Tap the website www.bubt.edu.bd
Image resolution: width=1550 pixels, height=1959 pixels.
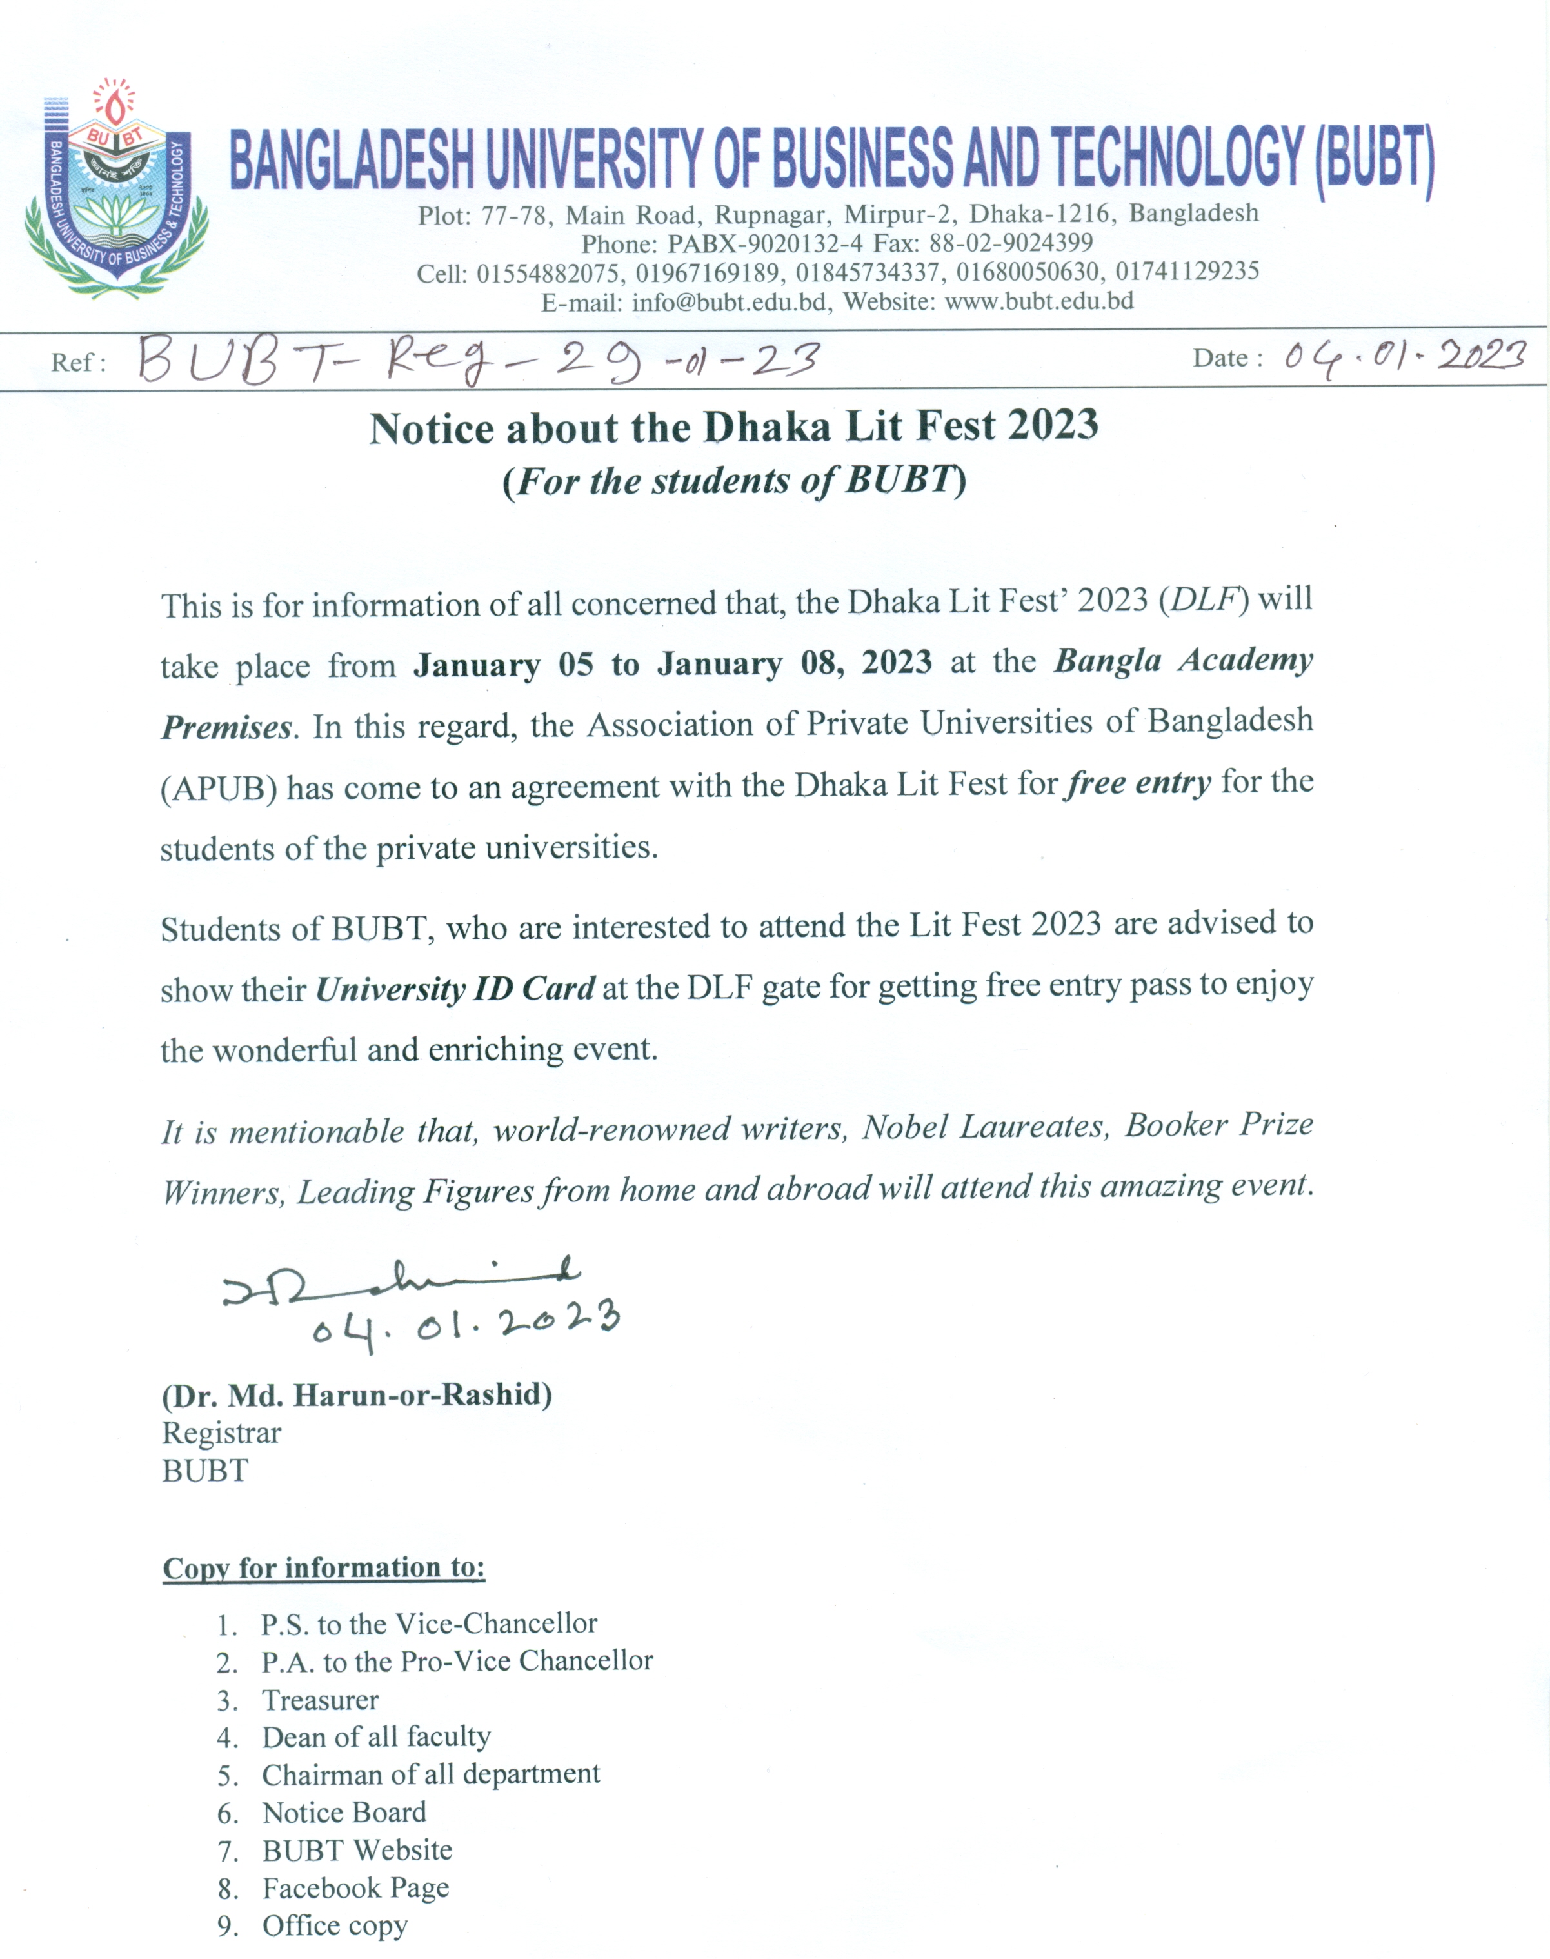pyautogui.click(x=1038, y=301)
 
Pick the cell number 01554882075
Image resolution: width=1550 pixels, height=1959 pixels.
pyautogui.click(x=549, y=273)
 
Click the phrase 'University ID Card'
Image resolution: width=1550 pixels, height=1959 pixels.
pyautogui.click(x=455, y=988)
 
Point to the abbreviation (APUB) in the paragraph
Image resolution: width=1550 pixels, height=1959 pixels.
pyautogui.click(x=219, y=788)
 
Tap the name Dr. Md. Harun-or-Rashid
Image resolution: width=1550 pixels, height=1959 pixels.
pyautogui.click(x=357, y=1394)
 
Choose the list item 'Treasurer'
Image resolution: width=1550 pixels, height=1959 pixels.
pyautogui.click(x=319, y=1700)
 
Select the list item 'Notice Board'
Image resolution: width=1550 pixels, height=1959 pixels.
pyautogui.click(x=344, y=1813)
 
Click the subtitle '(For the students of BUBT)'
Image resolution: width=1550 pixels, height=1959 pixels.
pyautogui.click(x=734, y=480)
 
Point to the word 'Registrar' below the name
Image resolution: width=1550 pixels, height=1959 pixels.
pyautogui.click(x=221, y=1432)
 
